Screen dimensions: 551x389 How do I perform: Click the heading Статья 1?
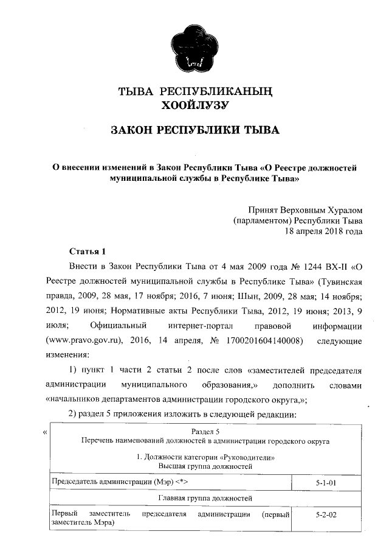coord(87,251)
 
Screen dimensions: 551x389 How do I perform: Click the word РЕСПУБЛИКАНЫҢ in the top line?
coord(214,92)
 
